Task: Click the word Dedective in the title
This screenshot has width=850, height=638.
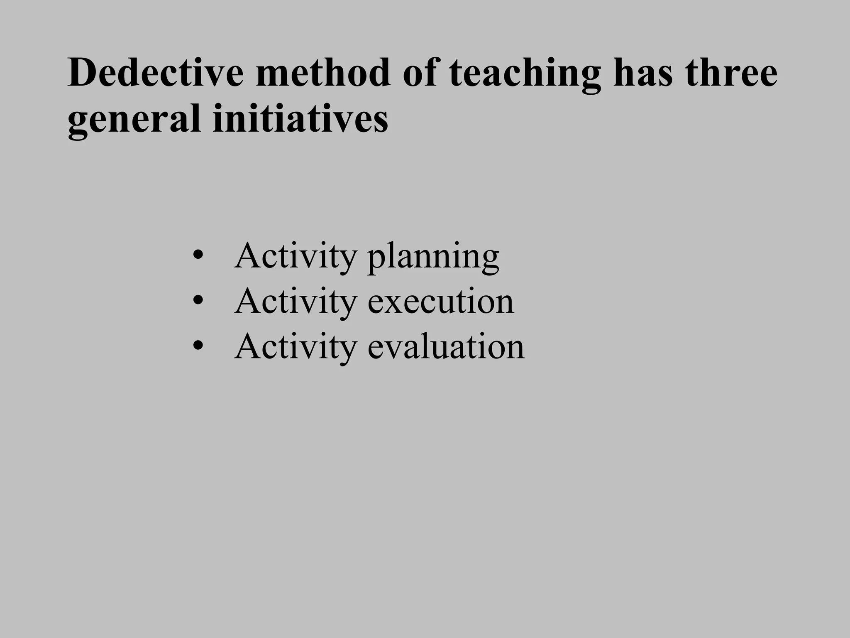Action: (x=155, y=73)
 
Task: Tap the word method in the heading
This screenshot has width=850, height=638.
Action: (x=323, y=73)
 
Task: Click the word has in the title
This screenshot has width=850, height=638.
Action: (x=643, y=73)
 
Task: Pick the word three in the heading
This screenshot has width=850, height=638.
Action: (x=731, y=73)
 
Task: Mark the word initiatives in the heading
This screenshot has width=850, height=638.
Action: (x=300, y=119)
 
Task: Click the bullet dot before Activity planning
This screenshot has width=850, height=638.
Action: (x=198, y=255)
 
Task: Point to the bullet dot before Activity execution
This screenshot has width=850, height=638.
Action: (x=198, y=300)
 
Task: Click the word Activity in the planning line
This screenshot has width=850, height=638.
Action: (x=296, y=257)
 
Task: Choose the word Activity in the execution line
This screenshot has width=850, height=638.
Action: (x=296, y=302)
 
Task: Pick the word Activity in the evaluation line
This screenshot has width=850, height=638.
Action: (x=296, y=347)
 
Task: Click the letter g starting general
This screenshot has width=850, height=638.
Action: (x=77, y=122)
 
